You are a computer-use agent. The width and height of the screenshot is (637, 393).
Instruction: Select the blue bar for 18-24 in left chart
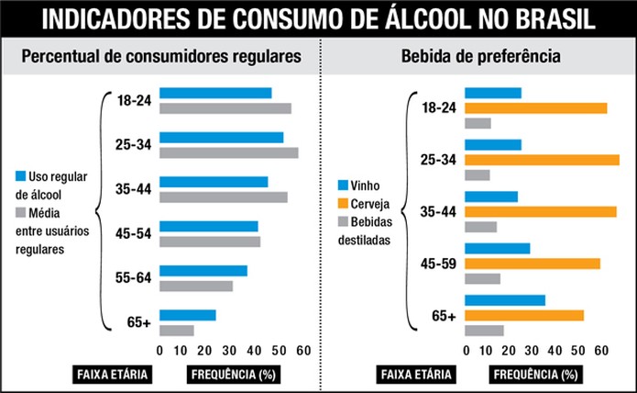pyautogui.click(x=215, y=93)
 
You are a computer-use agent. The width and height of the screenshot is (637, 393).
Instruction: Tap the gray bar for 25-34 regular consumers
pyautogui.click(x=228, y=152)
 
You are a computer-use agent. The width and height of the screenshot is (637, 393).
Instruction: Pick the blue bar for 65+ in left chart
pyautogui.click(x=188, y=315)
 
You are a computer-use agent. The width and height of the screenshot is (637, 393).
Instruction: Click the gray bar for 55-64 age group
pyautogui.click(x=196, y=286)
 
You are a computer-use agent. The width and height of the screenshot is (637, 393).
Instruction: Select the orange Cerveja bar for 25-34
pyautogui.click(x=542, y=160)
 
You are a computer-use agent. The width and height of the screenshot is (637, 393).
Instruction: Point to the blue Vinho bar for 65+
pyautogui.click(x=505, y=300)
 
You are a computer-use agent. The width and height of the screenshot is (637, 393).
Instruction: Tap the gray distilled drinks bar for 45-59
pyautogui.click(x=483, y=278)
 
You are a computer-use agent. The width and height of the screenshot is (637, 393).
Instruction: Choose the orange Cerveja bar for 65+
pyautogui.click(x=524, y=315)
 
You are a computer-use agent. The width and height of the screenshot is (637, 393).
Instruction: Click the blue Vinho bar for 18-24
pyautogui.click(x=493, y=93)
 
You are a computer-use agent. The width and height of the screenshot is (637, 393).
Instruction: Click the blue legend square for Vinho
pyautogui.click(x=344, y=184)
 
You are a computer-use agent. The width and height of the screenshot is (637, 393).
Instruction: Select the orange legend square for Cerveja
pyautogui.click(x=344, y=203)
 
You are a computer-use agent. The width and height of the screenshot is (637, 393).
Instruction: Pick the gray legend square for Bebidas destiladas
pyautogui.click(x=344, y=221)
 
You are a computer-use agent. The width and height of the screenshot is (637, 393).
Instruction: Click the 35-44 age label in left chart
pyautogui.click(x=134, y=189)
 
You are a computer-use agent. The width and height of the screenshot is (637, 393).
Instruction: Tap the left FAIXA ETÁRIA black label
pyautogui.click(x=111, y=374)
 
